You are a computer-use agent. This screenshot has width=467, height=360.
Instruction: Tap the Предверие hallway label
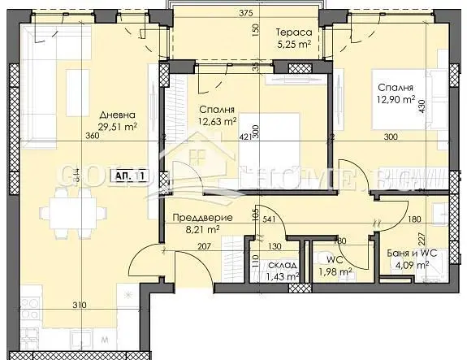pos(203,219)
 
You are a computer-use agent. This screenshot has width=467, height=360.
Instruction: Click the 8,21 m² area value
pos(203,231)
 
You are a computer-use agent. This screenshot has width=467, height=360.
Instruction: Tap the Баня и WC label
pos(413,252)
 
